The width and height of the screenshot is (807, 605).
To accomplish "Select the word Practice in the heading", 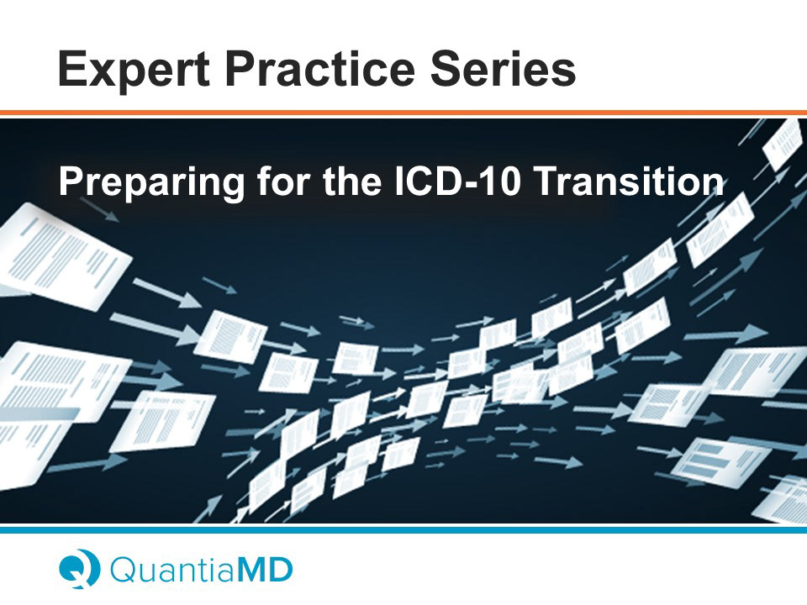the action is point(319,68).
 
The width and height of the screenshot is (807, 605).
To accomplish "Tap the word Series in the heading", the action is point(503,68).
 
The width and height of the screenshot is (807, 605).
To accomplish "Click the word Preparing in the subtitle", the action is point(151,182).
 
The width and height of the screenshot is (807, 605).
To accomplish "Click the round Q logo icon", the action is point(79,569).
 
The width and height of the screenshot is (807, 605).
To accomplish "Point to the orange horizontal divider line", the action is point(403,113).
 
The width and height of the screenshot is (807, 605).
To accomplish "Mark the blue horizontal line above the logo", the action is point(403,529).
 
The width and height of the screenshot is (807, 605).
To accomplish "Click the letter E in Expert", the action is point(72,68).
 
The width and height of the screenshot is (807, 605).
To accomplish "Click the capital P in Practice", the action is point(241,68).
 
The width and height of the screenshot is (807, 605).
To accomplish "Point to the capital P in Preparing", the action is point(71,181).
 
